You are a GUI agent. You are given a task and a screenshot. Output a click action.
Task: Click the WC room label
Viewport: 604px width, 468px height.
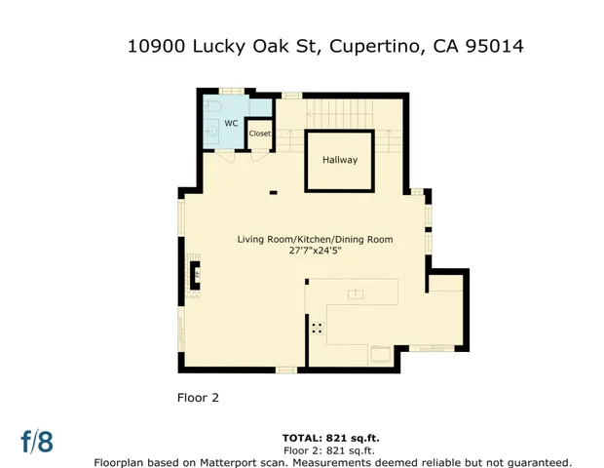coord(231,123)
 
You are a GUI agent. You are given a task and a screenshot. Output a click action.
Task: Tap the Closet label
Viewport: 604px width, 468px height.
coord(259,134)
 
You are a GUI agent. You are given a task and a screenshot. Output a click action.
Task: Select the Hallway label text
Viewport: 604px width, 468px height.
coord(340,160)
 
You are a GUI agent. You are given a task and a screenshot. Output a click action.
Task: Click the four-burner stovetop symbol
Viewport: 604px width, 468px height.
coord(317,329)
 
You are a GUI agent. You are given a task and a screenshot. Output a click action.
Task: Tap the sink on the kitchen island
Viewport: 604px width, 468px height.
coord(357,292)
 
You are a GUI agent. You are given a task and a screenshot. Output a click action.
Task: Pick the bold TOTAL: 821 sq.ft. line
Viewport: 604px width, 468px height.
coord(328,440)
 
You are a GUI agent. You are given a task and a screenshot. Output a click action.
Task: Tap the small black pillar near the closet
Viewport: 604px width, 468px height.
coord(273,193)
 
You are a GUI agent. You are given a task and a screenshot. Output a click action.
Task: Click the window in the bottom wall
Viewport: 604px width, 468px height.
coord(285,369)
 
